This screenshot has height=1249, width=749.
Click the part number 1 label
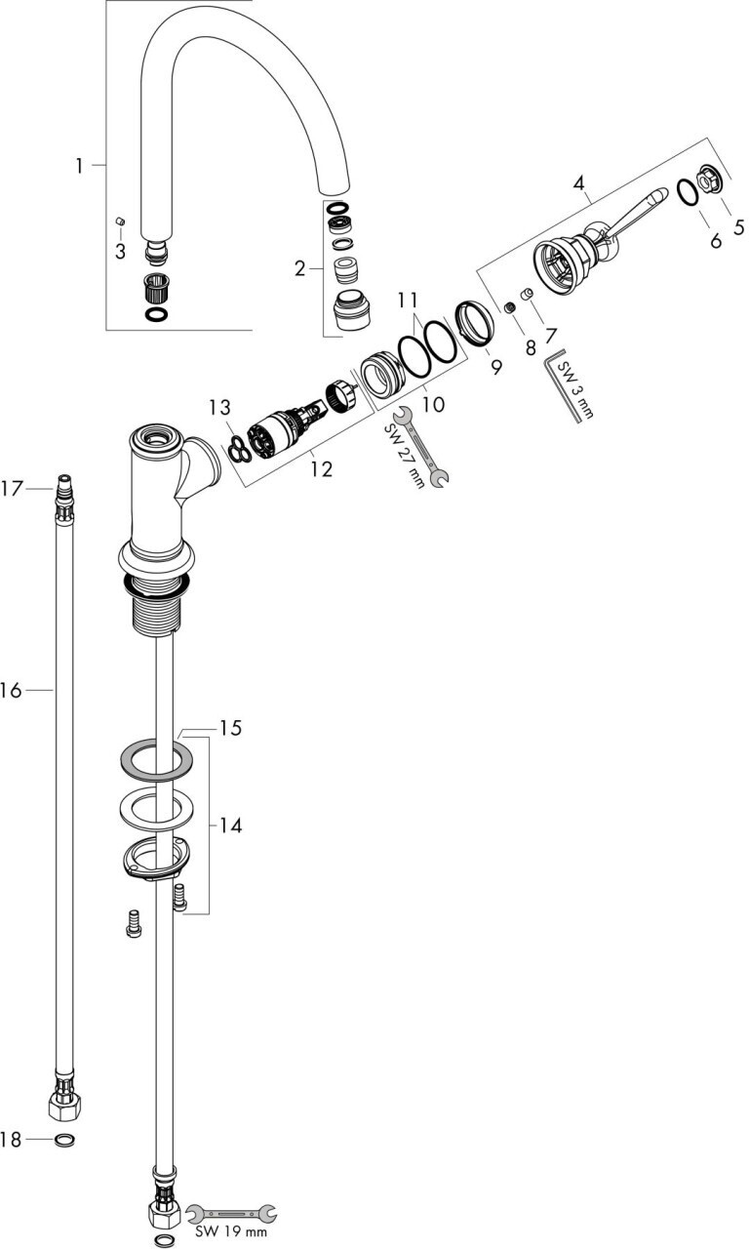79,167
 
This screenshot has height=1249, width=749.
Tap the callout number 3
119,252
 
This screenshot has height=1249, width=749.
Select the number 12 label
322,469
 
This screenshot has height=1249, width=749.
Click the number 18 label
12,1139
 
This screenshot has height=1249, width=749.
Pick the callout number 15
230,728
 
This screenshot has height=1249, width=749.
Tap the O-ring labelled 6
687,194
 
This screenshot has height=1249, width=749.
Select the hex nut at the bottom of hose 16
64,1107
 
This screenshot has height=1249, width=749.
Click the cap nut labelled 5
709,181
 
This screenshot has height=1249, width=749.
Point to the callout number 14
230,826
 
